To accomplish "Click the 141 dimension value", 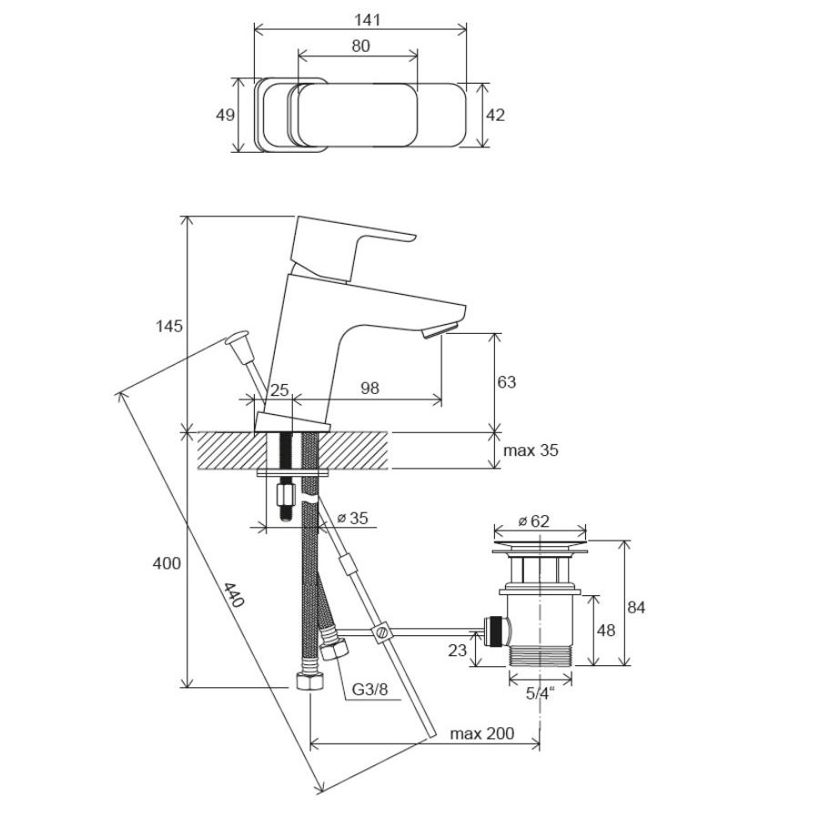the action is click(x=368, y=20).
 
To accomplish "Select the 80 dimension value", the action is click(x=360, y=46).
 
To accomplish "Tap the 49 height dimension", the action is click(x=225, y=115).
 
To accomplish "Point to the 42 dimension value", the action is click(x=495, y=115).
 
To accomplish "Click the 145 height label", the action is click(x=169, y=327).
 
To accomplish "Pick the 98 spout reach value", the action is click(x=369, y=389).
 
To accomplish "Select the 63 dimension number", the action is click(x=506, y=382).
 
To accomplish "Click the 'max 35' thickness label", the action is click(x=531, y=450).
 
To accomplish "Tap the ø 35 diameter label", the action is click(x=352, y=518).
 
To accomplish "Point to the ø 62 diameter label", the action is click(x=534, y=521).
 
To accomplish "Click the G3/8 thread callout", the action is click(x=369, y=690).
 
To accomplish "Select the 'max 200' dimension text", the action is click(x=482, y=733).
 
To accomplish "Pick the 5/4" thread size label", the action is click(x=540, y=693).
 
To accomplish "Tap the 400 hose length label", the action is click(x=167, y=563).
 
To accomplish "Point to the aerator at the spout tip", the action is click(x=440, y=330).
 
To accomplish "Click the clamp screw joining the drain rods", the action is click(x=382, y=632).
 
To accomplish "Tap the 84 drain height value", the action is click(x=636, y=608).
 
